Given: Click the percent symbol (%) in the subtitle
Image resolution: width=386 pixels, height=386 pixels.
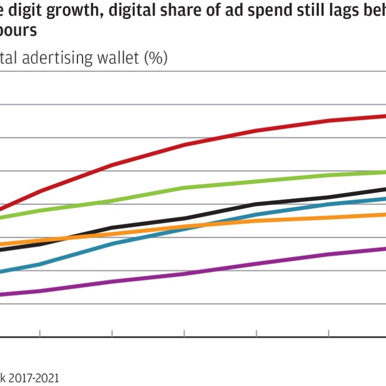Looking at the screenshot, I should click(x=155, y=59).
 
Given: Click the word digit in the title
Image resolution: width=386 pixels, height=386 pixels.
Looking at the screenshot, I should click(x=19, y=10).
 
